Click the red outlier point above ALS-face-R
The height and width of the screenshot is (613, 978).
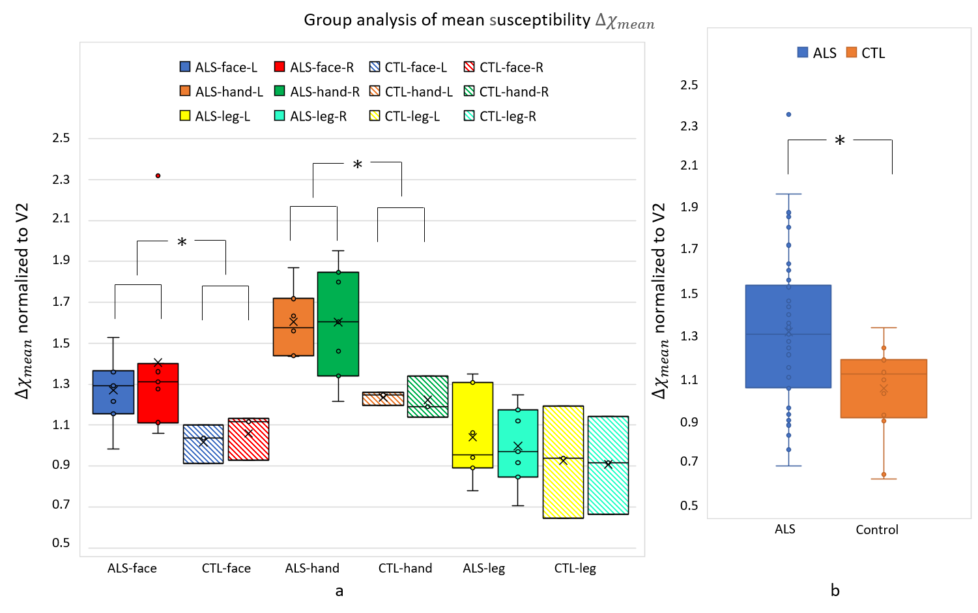[158, 176]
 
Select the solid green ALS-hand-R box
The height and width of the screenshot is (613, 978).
[338, 324]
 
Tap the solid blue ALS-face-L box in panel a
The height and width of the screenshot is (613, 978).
[113, 392]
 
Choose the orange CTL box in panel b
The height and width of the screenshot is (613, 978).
[884, 389]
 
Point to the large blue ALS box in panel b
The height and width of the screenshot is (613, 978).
[788, 336]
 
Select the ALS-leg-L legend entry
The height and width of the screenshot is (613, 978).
[215, 117]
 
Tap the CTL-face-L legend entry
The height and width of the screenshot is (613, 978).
[409, 67]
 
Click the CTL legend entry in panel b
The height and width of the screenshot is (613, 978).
[866, 53]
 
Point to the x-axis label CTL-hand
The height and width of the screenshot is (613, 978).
[405, 568]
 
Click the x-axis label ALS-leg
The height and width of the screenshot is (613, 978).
[483, 568]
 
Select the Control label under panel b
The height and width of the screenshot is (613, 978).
[877, 530]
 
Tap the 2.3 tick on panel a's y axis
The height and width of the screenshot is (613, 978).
[61, 179]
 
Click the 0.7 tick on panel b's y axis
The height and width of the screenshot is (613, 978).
[689, 462]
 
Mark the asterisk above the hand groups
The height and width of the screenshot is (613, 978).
[357, 166]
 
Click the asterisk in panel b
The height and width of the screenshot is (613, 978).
[840, 141]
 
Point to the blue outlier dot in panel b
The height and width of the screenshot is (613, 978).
[788, 115]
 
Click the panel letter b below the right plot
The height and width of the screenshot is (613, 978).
[835, 591]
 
